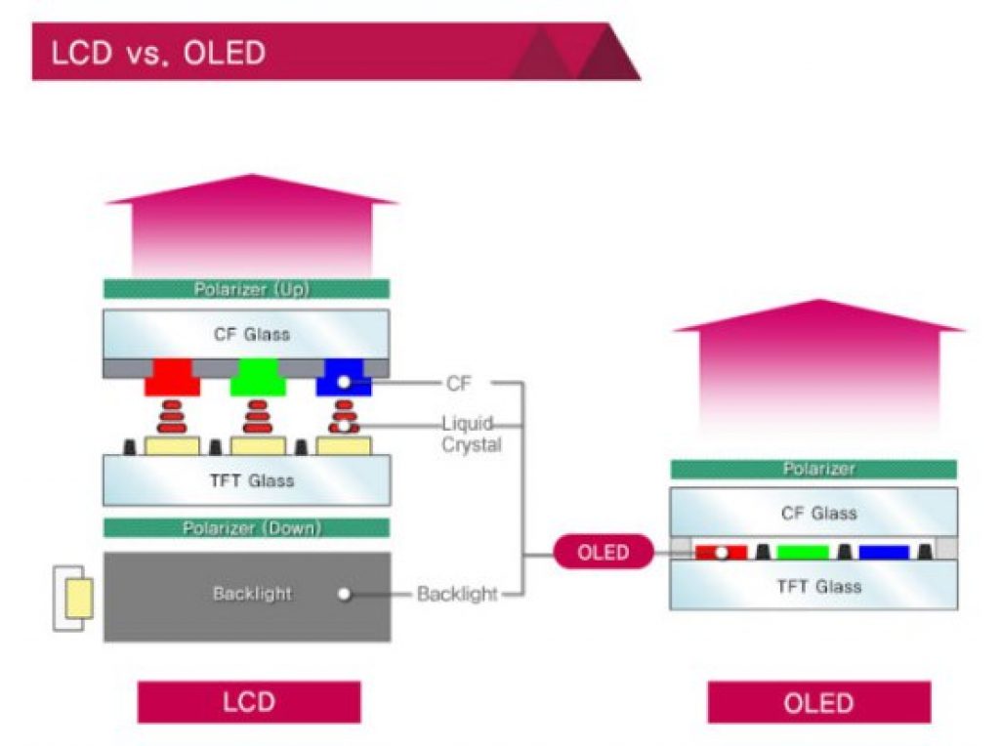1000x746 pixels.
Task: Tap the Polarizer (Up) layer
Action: point(246,289)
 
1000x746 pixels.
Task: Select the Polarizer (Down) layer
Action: point(246,528)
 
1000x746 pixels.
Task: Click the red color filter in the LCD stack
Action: point(173,379)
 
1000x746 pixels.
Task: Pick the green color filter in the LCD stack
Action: point(258,379)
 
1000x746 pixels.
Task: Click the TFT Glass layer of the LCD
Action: point(246,480)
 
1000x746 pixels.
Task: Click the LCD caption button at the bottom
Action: point(249,702)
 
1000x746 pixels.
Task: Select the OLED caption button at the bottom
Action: point(818,702)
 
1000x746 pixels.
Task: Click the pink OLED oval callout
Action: point(603,553)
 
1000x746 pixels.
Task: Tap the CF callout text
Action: point(458,384)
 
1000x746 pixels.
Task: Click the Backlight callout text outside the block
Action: point(457,594)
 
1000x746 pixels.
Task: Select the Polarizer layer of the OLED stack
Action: point(812,470)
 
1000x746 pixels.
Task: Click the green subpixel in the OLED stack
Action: point(803,553)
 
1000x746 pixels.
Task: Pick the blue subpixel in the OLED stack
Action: point(884,553)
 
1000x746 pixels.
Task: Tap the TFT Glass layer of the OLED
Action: point(812,587)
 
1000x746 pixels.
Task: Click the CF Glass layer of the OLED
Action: point(812,513)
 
